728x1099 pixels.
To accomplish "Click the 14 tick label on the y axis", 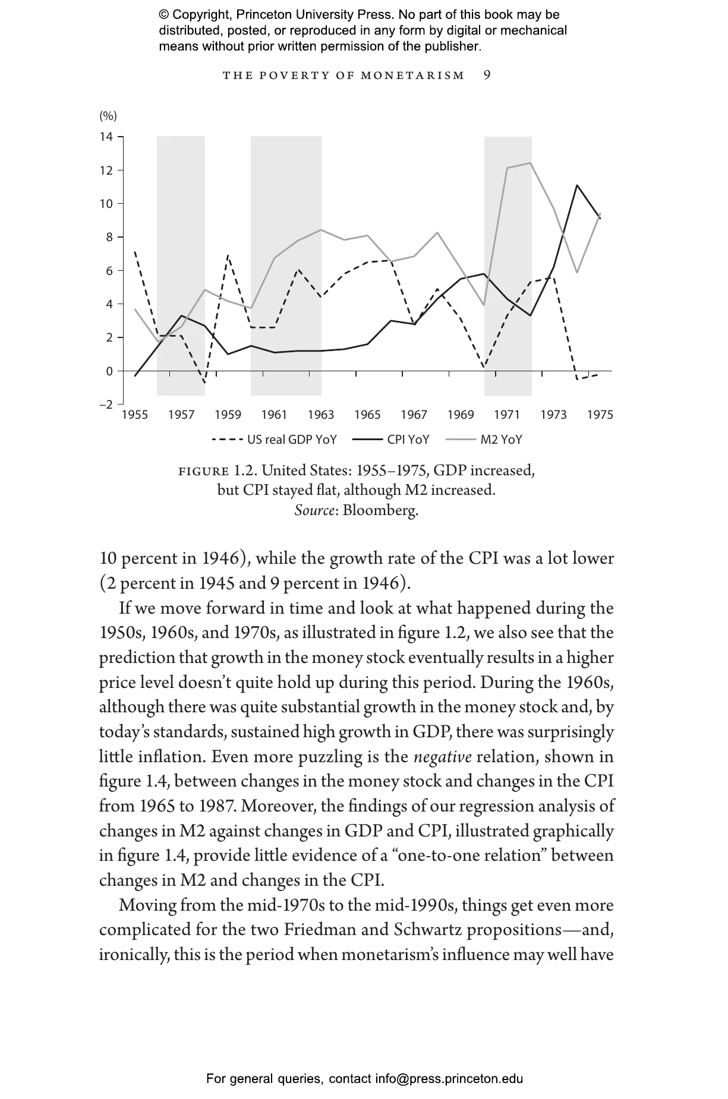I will [x=106, y=137].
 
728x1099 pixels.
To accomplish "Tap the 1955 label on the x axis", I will [x=135, y=415].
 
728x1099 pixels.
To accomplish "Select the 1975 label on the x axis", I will [x=600, y=415].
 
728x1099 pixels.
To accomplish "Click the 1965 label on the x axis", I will [x=367, y=415].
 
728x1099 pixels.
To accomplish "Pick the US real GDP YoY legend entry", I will [x=274, y=440].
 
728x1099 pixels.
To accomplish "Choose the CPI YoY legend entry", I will [x=390, y=440].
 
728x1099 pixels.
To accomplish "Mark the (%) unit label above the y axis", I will [x=108, y=116].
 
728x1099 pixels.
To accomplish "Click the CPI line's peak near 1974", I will [x=576, y=185].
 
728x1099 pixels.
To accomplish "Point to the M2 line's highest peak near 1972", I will [x=530, y=163].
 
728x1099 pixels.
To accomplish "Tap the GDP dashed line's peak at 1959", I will [x=228, y=255].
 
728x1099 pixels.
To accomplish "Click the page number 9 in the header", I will [x=487, y=75].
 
